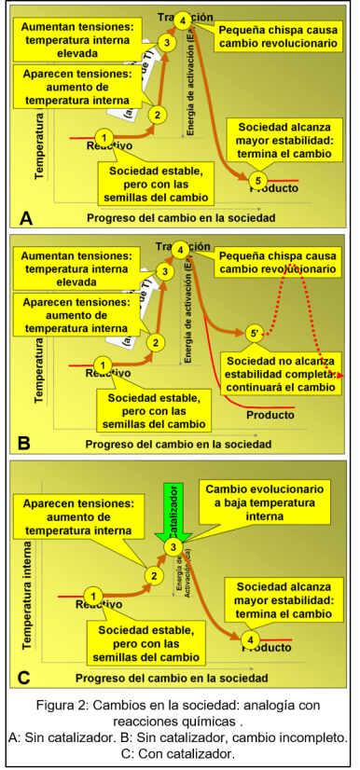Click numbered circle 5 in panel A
pyautogui.click(x=260, y=179)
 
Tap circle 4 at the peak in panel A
pyautogui.click(x=183, y=20)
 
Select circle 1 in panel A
pyautogui.click(x=104, y=138)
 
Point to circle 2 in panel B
pyautogui.click(x=158, y=341)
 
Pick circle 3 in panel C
pyautogui.click(x=173, y=545)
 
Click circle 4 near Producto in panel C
pyautogui.click(x=250, y=639)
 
